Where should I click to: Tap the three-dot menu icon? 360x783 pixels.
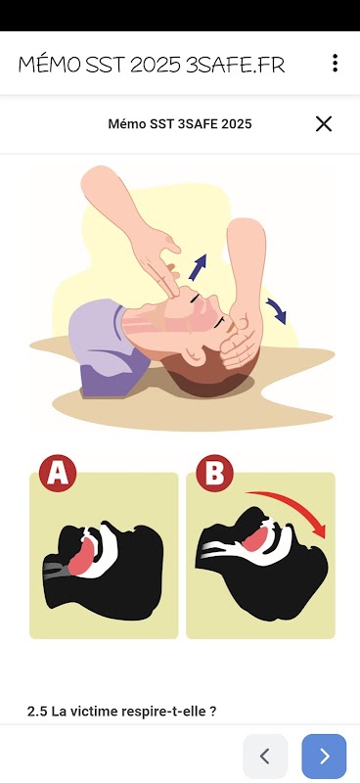click(x=335, y=63)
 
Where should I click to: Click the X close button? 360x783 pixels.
click(x=324, y=124)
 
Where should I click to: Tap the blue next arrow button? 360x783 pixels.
click(x=324, y=756)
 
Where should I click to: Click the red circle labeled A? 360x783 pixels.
click(x=58, y=473)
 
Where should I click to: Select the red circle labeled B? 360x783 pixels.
click(x=214, y=473)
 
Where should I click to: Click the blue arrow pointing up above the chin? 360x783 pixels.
click(x=198, y=267)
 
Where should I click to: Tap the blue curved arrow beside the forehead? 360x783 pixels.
click(x=277, y=311)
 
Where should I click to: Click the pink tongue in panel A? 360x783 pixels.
click(x=81, y=555)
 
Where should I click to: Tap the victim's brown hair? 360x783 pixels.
click(x=214, y=372)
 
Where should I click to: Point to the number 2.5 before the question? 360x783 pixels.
click(x=37, y=712)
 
